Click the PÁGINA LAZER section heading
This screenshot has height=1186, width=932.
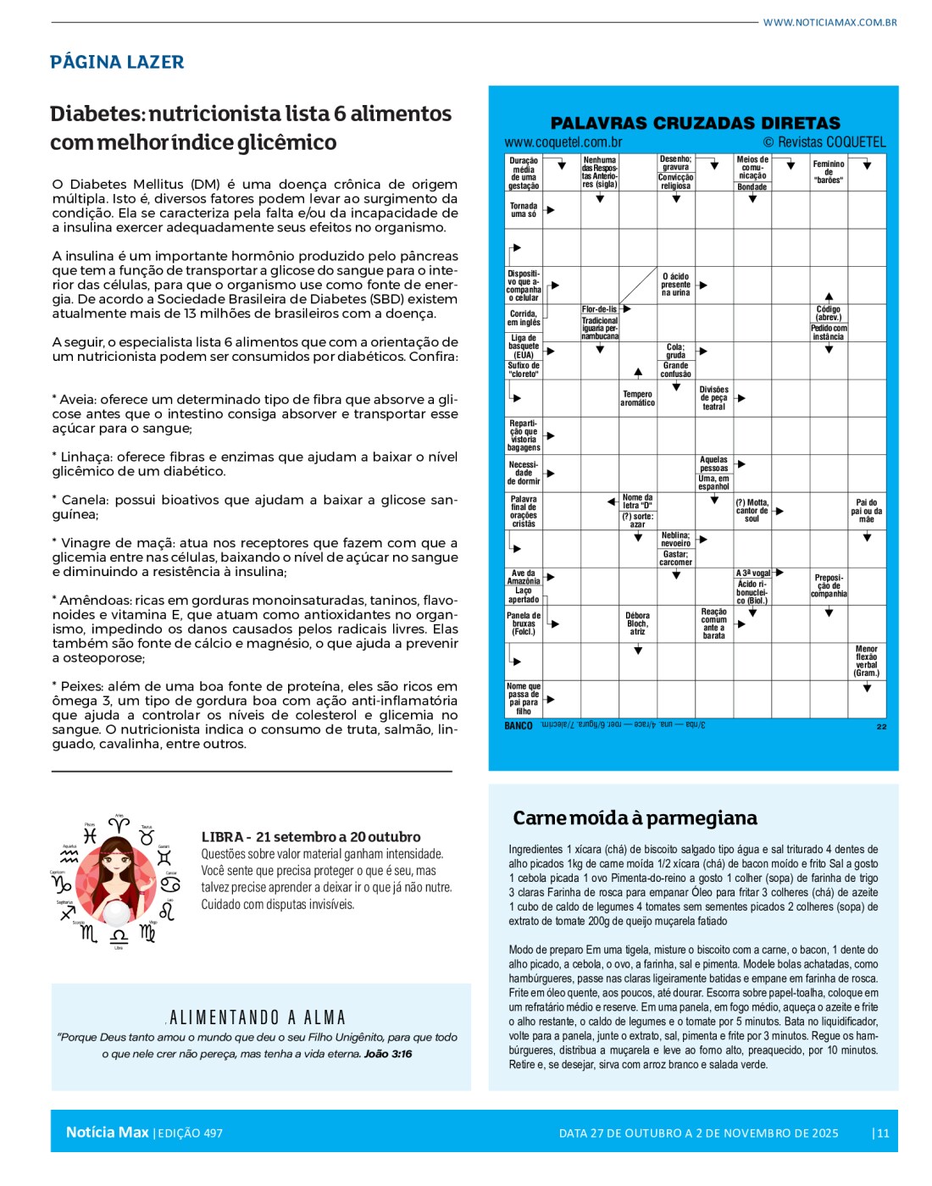(117, 62)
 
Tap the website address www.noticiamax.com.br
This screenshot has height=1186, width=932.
(829, 22)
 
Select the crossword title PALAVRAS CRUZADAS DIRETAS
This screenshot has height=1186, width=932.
(695, 123)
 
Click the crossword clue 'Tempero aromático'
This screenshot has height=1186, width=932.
(637, 398)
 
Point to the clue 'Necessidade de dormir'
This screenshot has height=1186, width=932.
(524, 473)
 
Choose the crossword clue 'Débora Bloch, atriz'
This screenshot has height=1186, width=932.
(637, 623)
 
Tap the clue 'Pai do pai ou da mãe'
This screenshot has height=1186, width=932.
(866, 511)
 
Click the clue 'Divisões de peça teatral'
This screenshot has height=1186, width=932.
(713, 398)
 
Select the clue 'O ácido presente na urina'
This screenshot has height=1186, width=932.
(675, 285)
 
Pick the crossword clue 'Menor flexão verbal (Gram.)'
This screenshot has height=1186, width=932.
(866, 661)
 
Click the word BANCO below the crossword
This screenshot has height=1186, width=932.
(519, 726)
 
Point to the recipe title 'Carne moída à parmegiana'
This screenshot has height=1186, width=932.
(635, 817)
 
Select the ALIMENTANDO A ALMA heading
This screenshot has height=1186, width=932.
(258, 1017)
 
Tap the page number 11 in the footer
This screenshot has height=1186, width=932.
(883, 1133)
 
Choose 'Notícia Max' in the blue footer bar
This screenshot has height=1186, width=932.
(107, 1132)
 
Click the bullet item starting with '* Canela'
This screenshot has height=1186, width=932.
(254, 507)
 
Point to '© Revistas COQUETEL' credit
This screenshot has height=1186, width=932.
(824, 142)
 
